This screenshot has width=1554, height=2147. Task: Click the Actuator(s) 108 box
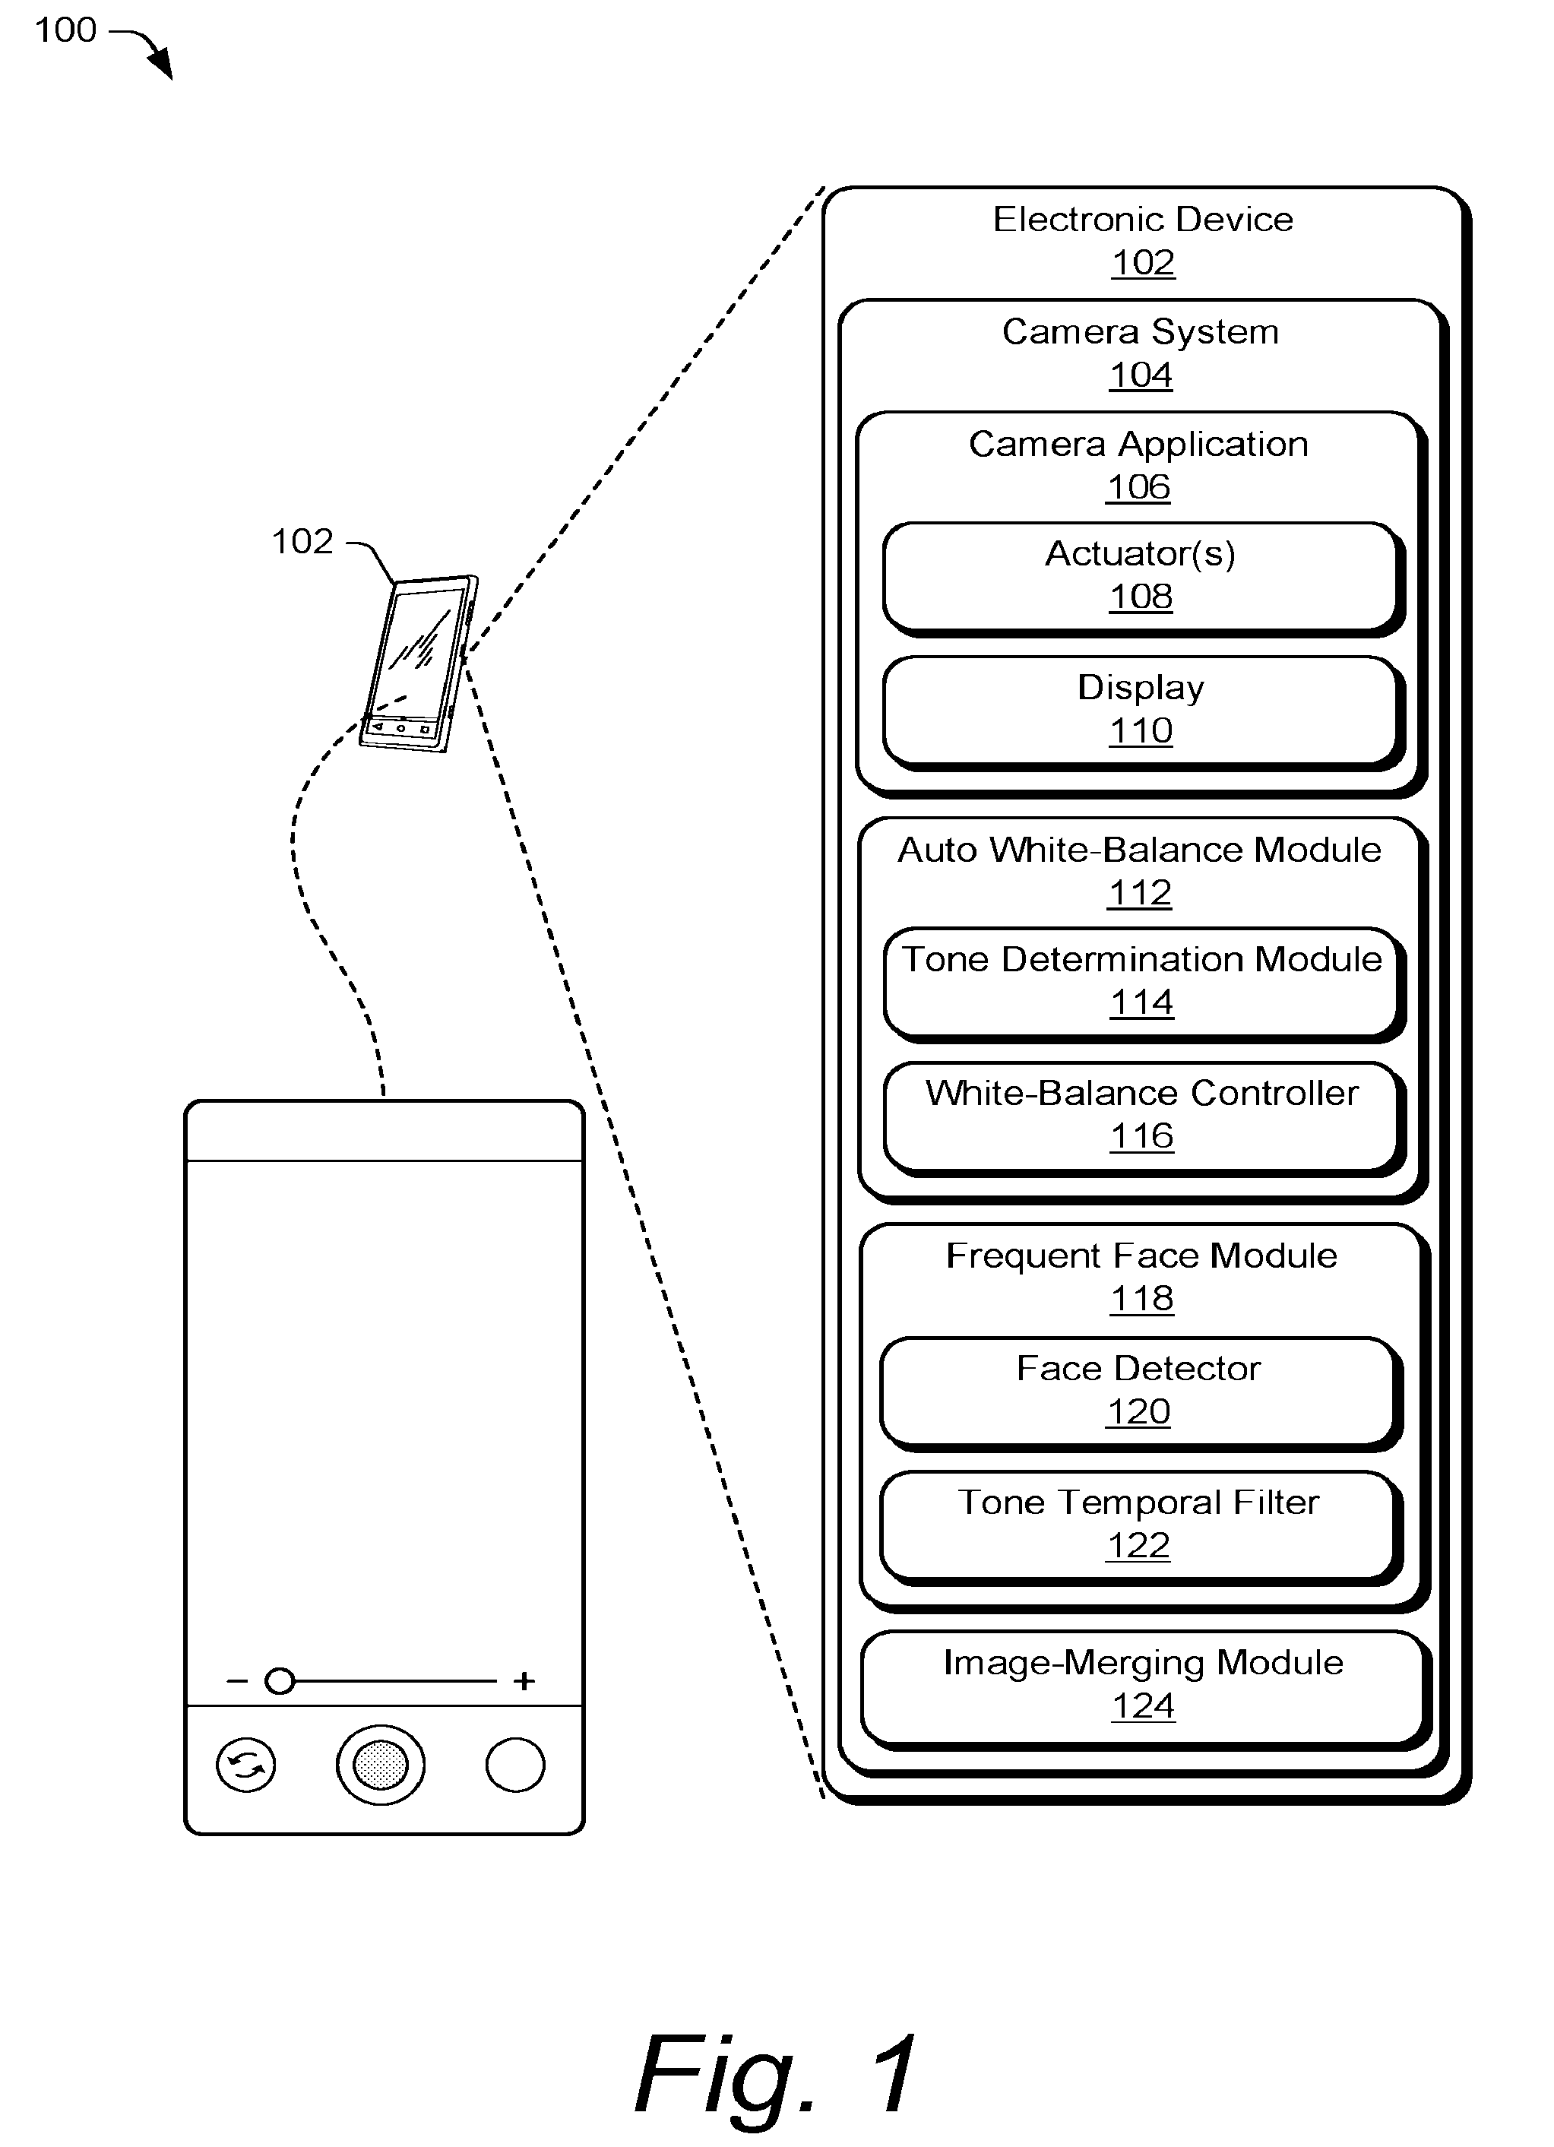(1142, 578)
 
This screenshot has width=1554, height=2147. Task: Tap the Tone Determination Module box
(1142, 984)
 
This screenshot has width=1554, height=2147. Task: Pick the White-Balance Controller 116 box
(1142, 1119)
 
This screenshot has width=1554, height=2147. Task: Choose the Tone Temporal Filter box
(1141, 1528)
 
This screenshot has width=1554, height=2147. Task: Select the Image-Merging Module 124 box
(1145, 1689)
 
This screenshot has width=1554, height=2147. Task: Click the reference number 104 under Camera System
(1141, 375)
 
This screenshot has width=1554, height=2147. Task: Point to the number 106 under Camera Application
(1138, 486)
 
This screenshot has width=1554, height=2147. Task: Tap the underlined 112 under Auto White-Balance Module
(1140, 893)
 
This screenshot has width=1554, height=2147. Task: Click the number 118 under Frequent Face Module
(1141, 1298)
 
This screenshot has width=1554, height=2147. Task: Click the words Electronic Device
(1143, 219)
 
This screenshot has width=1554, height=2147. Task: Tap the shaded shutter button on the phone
(381, 1765)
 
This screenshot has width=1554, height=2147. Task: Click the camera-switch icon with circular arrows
(246, 1765)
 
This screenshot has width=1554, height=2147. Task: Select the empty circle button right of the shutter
(515, 1765)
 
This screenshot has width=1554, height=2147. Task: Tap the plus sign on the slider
(524, 1680)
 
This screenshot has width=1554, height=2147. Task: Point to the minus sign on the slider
(236, 1681)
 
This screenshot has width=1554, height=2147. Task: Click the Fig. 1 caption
(776, 2073)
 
